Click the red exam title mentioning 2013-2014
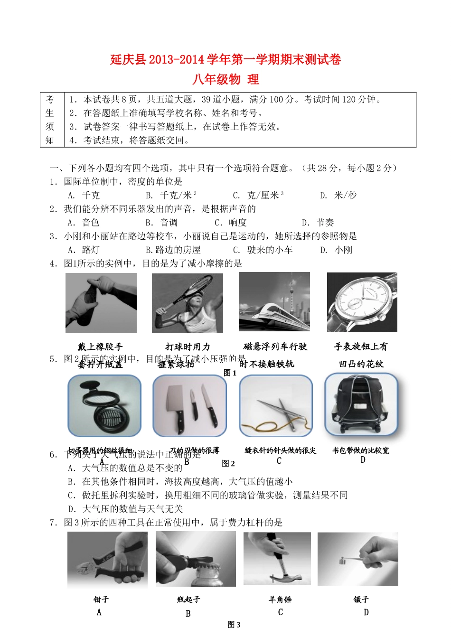[225, 59]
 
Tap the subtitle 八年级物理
[225, 79]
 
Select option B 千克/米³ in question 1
[171, 195]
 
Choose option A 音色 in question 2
[84, 223]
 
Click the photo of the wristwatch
[362, 302]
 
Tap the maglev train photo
[274, 302]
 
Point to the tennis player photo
[188, 303]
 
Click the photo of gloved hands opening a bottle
[101, 303]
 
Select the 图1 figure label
[230, 373]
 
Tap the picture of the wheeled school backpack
[361, 405]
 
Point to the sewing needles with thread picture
[276, 406]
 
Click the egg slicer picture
[104, 406]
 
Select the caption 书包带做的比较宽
[361, 450]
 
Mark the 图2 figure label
[228, 463]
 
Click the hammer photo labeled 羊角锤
[277, 559]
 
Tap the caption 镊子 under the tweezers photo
[361, 600]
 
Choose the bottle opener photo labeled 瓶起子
[196, 559]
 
